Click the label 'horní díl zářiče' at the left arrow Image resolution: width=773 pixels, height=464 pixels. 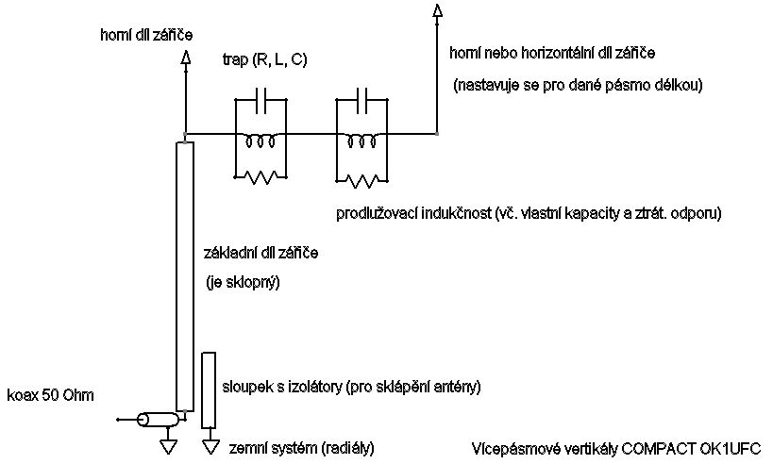(x=146, y=35)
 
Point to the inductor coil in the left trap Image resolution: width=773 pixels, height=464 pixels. (x=260, y=142)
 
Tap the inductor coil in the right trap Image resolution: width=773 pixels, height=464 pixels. (x=364, y=142)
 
